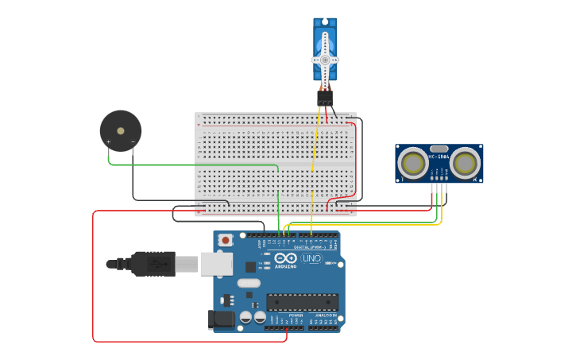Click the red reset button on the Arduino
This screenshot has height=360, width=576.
point(226,239)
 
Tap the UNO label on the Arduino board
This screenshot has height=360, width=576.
point(311,258)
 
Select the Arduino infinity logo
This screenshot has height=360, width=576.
point(285,257)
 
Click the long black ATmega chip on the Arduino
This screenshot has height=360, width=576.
point(302,302)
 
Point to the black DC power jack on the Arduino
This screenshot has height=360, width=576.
point(220,319)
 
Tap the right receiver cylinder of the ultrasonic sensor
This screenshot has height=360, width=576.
point(466,163)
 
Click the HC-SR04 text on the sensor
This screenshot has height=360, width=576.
point(439,157)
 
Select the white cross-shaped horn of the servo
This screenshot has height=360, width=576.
point(325,60)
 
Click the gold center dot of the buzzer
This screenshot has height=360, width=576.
point(121,130)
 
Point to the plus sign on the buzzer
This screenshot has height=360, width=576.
point(109,142)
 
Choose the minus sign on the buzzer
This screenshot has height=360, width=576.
point(133,142)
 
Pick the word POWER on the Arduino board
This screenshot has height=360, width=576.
point(296,315)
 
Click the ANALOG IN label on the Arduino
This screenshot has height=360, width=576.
point(326,315)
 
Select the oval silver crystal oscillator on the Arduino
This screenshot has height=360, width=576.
point(249,283)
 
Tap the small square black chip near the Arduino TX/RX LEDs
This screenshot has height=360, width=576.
point(251,267)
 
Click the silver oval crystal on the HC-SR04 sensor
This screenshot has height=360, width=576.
point(439,149)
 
